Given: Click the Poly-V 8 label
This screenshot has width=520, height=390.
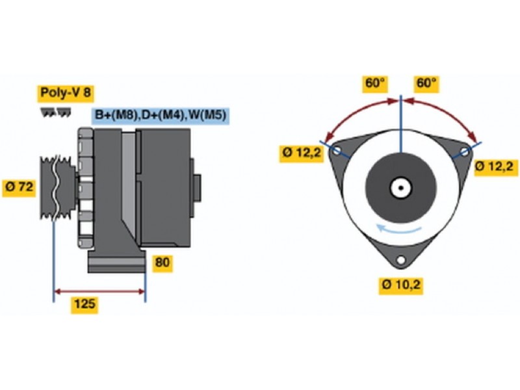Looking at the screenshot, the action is [66, 92].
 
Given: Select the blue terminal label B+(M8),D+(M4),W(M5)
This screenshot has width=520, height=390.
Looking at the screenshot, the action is [161, 116].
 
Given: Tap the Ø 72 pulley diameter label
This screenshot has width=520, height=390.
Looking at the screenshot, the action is [19, 187].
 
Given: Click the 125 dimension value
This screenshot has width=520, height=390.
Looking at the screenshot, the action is [84, 304].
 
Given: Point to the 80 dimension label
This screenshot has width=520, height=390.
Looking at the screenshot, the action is [162, 263].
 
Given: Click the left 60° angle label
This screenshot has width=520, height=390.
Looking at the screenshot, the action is [375, 83].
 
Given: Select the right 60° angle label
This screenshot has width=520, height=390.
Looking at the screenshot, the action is [426, 83].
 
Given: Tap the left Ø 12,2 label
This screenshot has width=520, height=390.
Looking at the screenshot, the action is [302, 153].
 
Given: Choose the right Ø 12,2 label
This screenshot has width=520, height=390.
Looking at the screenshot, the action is [496, 166].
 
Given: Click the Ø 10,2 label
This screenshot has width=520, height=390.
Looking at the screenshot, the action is [401, 285].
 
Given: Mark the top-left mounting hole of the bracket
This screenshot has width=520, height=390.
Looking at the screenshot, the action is [337, 151].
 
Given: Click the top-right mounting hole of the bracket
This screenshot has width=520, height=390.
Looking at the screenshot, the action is [465, 151].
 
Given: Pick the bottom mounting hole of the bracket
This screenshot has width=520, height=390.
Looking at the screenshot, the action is [401, 259].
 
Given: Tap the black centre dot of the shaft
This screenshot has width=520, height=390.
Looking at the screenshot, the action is [401, 188].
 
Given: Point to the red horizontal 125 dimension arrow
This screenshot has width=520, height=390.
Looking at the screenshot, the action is [99, 292].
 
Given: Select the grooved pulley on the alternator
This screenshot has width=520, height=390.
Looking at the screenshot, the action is [57, 188].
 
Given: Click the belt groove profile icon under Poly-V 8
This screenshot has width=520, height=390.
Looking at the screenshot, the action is [56, 112].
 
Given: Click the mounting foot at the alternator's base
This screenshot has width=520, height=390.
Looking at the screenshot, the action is [117, 262].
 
